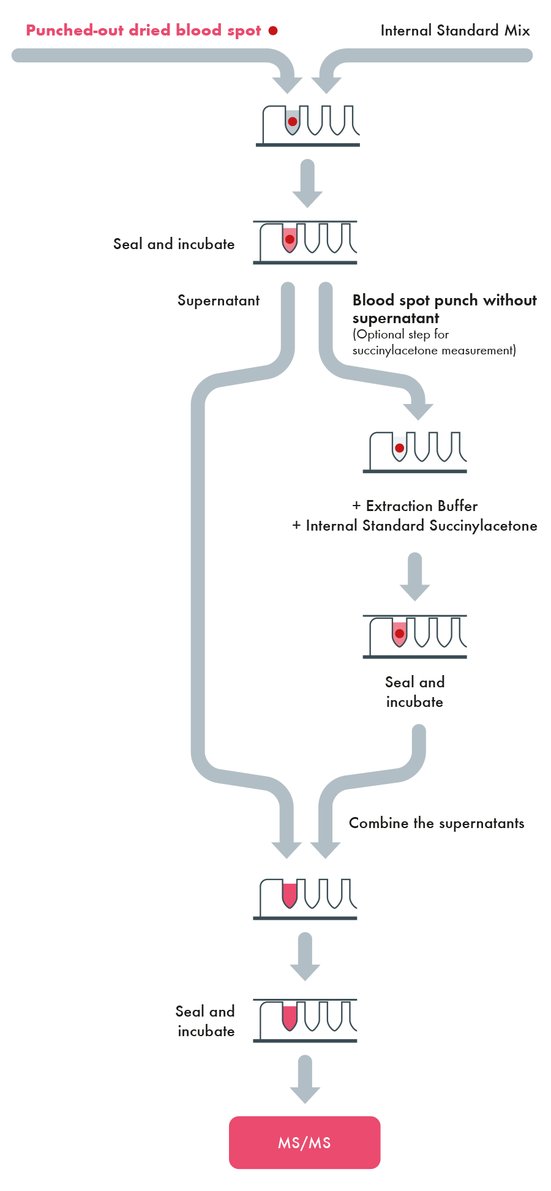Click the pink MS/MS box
click(x=304, y=1142)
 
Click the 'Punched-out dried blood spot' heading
click(x=144, y=31)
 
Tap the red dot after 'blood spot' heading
click(x=273, y=31)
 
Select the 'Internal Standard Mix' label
click(x=455, y=31)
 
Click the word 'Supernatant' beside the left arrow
click(x=219, y=301)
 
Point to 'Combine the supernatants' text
click(x=437, y=823)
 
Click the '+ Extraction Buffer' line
click(x=415, y=506)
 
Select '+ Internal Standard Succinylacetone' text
click(x=414, y=526)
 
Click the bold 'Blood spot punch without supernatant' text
click(x=444, y=309)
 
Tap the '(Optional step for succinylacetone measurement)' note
click(x=434, y=342)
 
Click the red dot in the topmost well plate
click(x=293, y=121)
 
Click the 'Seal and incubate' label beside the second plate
click(x=174, y=244)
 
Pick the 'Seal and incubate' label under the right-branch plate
click(x=414, y=692)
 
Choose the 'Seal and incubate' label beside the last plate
click(x=205, y=1021)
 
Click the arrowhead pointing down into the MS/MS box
click(x=305, y=1094)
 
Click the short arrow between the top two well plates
click(x=307, y=184)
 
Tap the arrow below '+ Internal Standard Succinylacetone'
click(x=415, y=577)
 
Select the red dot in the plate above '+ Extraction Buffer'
click(x=400, y=448)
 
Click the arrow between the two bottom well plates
click(x=305, y=957)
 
